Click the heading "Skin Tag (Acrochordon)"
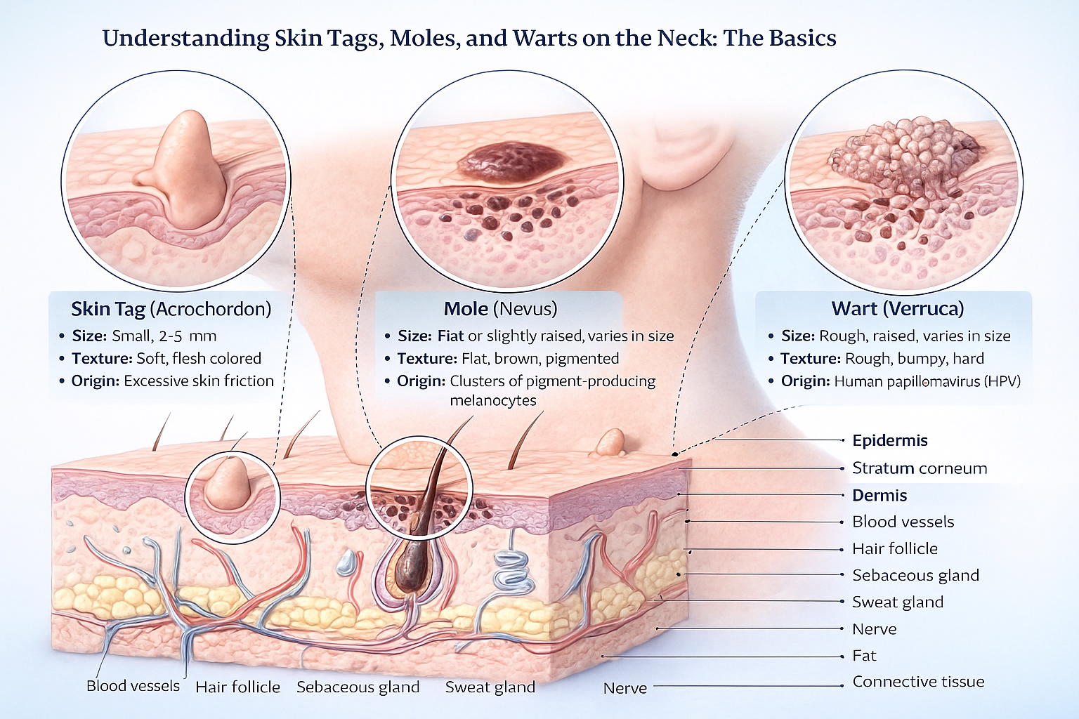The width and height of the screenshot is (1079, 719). pos(171,309)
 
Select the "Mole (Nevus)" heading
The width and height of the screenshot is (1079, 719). pos(500,309)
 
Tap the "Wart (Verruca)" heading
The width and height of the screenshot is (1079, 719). pos(897,309)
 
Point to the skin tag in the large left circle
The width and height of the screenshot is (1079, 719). pos(187,172)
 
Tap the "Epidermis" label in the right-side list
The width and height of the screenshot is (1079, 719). pos(889,441)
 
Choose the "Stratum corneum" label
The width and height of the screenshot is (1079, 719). pos(919,468)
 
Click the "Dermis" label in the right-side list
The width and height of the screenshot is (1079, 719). pos(879,496)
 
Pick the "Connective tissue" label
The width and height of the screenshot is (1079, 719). pos(918,682)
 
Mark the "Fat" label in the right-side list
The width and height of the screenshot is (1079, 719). pos(864,656)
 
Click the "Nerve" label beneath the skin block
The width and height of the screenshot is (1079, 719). pos(624,688)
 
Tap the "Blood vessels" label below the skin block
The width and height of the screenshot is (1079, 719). pos(133,686)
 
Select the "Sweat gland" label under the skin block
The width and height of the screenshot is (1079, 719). pos(490,687)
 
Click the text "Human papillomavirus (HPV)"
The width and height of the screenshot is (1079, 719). pos(927,381)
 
